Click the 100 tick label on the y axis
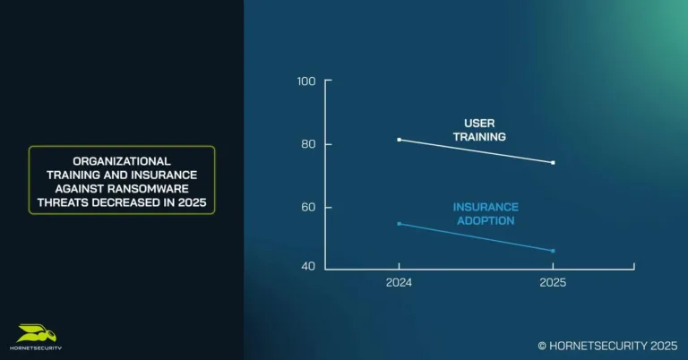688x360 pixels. (x=306, y=81)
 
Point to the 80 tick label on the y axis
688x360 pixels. (x=306, y=144)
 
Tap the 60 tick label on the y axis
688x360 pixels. (x=306, y=207)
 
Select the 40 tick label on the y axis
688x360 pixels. (x=306, y=267)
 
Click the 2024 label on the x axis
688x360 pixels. (x=399, y=282)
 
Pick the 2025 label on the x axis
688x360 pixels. (x=553, y=282)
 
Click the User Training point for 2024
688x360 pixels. (x=399, y=140)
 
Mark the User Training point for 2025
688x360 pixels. (x=553, y=163)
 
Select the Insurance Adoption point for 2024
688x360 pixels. (x=399, y=224)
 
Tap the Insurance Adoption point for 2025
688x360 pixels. (x=553, y=251)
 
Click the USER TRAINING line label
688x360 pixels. (x=485, y=130)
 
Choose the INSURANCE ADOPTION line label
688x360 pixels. (x=485, y=213)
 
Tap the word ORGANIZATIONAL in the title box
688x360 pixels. (x=121, y=160)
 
